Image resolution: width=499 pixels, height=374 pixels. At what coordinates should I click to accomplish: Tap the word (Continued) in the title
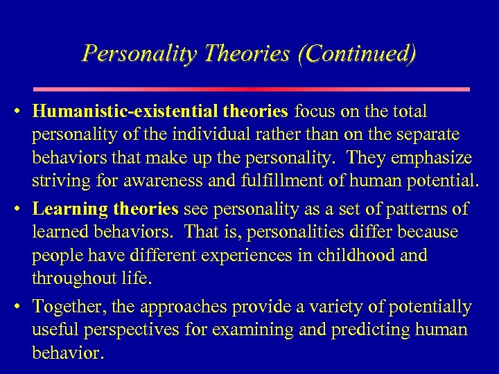[356, 53]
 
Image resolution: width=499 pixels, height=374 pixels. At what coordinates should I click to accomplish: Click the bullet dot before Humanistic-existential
[23, 112]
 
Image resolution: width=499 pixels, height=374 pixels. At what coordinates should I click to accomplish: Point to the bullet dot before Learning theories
[23, 209]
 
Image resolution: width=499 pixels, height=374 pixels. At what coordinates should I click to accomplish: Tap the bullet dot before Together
[23, 307]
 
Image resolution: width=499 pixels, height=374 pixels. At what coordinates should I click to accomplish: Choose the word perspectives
[130, 330]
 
